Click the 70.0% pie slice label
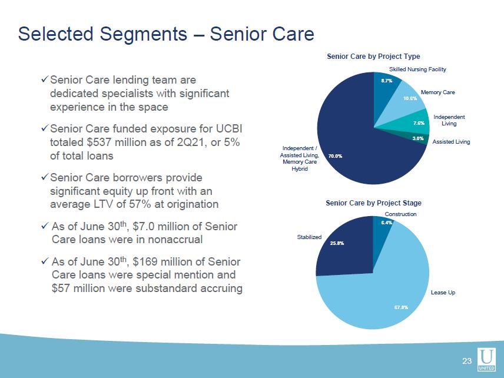335,156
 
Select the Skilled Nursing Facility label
417,69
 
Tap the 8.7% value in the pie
387,81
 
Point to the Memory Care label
438,92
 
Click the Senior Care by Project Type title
373,57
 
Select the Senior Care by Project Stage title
373,203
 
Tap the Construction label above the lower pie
400,214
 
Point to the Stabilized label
309,237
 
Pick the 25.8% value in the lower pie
337,243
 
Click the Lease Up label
443,293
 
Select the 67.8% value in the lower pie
402,307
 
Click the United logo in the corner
486,359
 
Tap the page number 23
467,361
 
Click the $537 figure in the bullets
97,142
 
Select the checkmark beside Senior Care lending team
45,79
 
